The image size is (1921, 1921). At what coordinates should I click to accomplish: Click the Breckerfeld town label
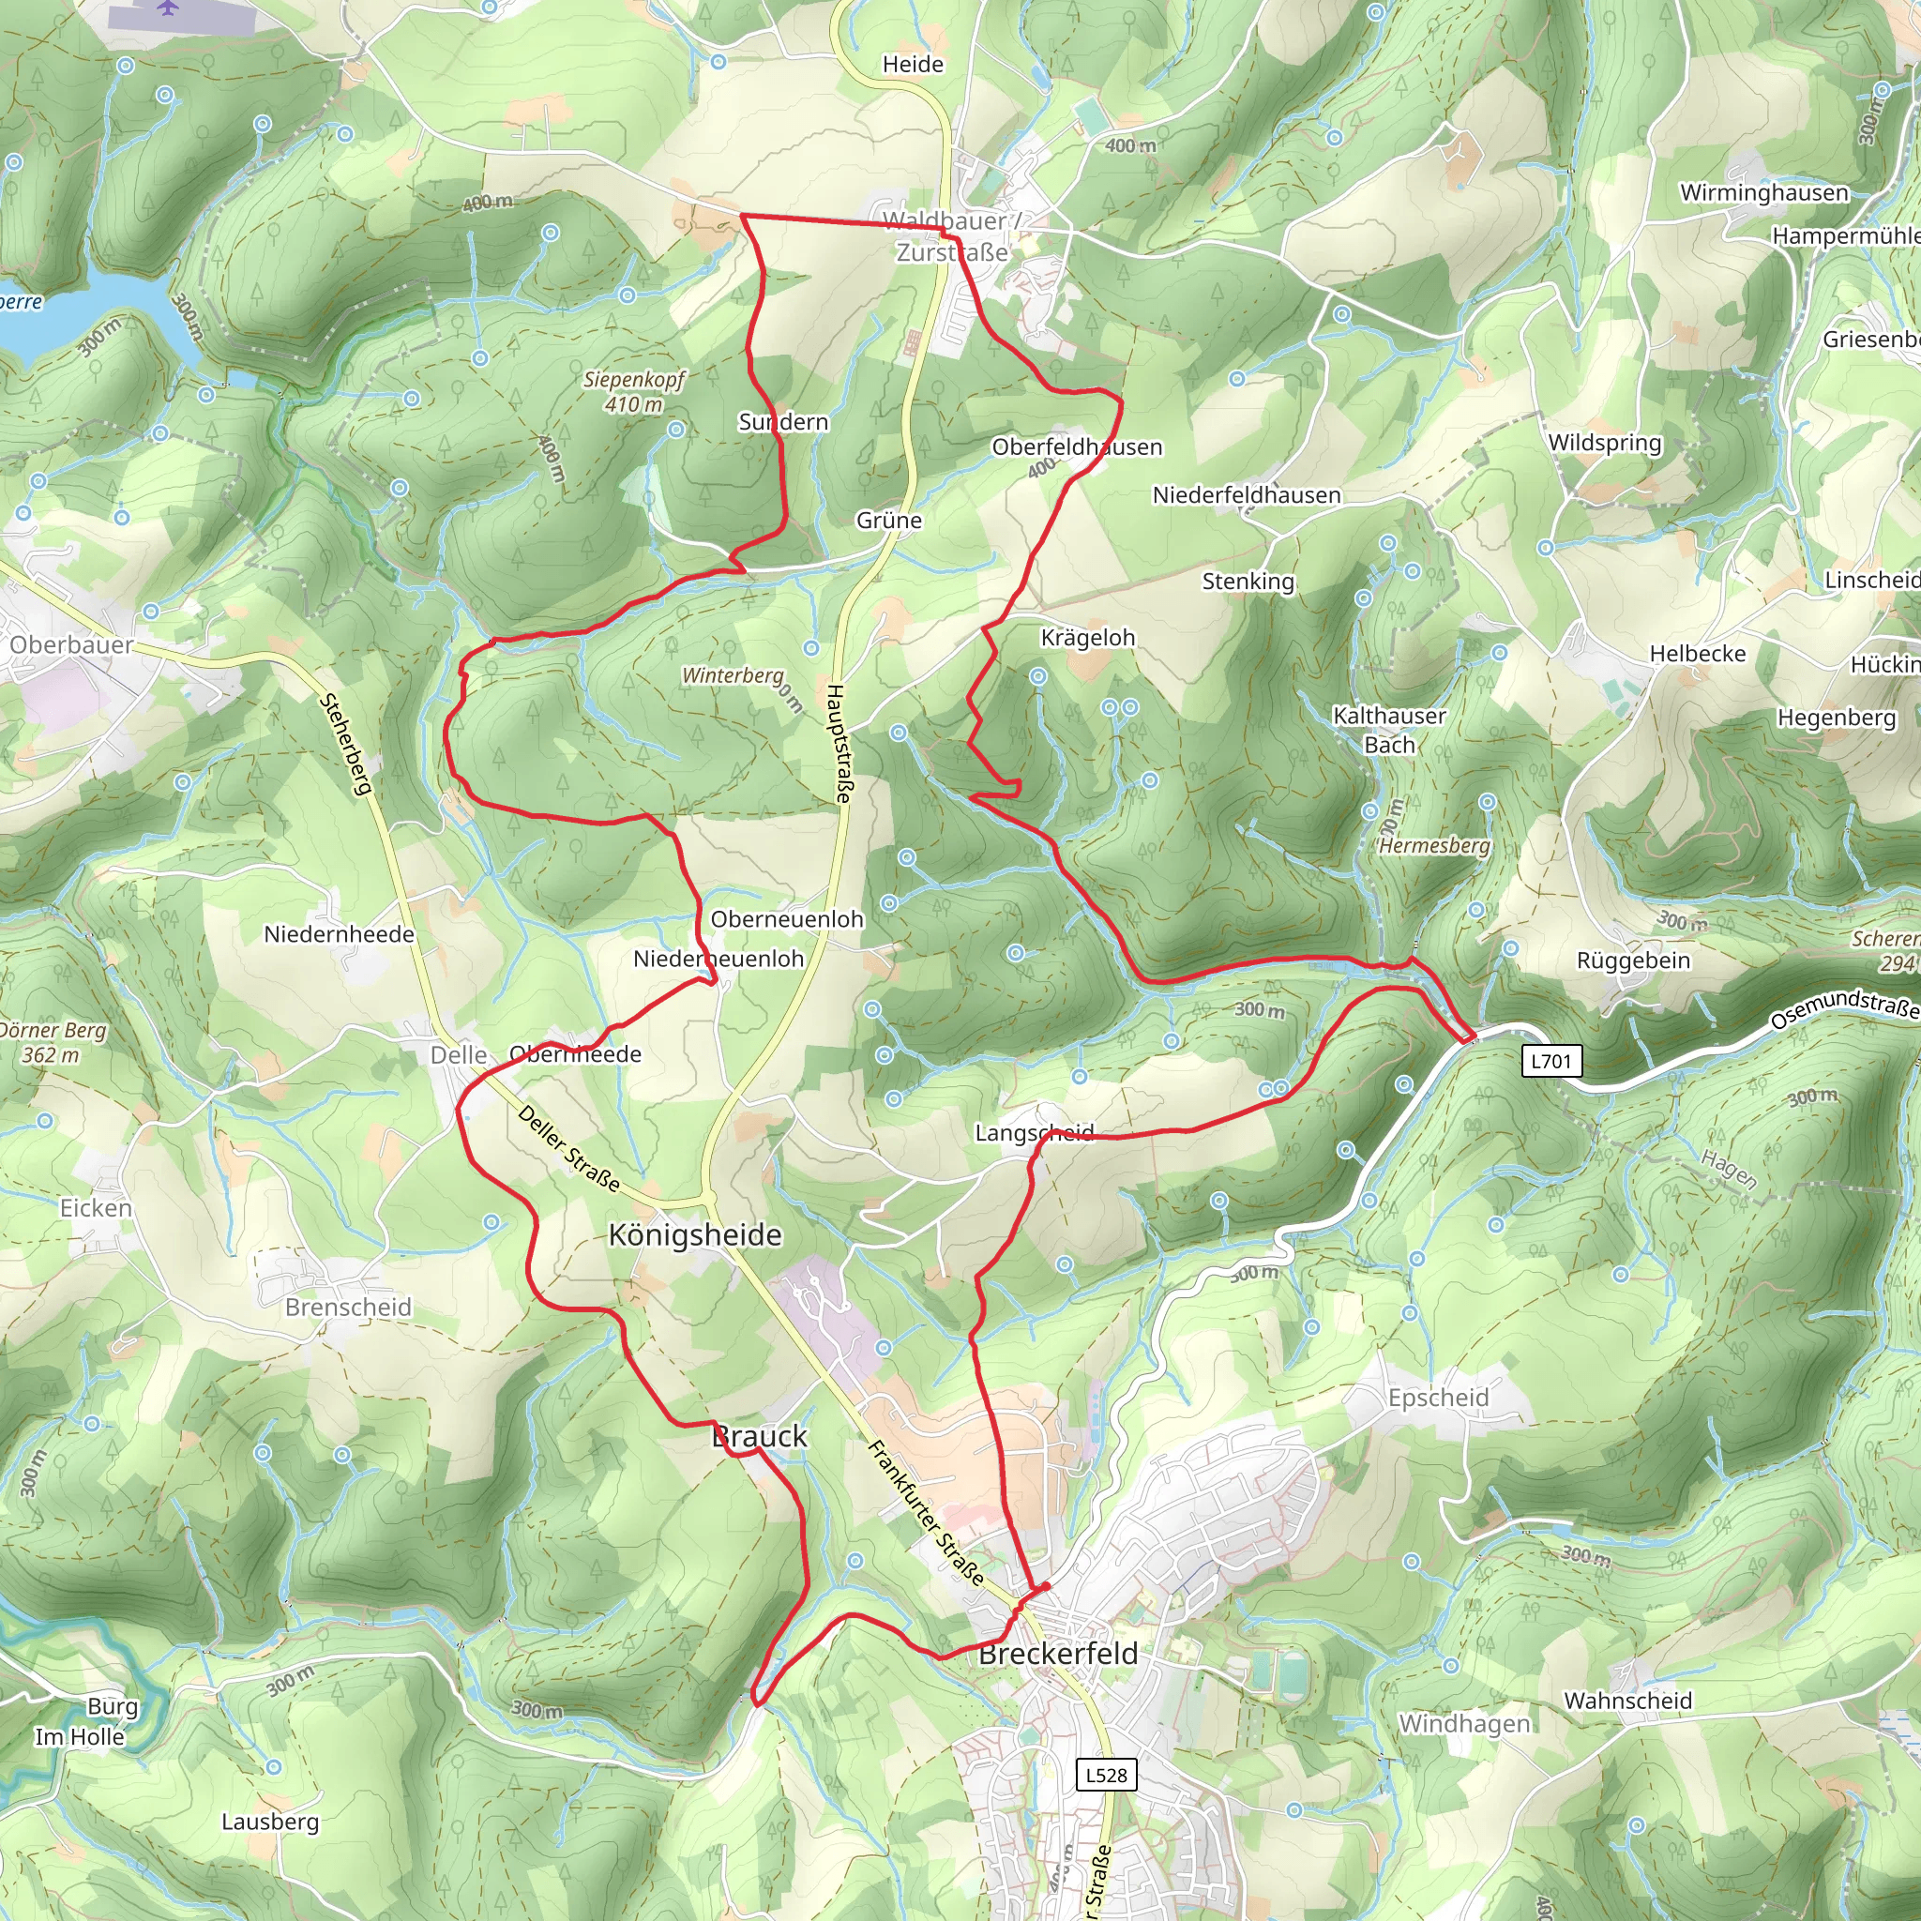1058,1654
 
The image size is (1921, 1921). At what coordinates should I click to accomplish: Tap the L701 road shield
1551,1061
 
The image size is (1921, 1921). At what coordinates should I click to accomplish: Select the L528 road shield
1106,1775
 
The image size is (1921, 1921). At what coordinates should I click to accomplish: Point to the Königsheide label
695,1235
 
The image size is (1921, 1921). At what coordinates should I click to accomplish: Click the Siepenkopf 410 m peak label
634,392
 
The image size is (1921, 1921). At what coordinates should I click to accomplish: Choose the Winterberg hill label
733,676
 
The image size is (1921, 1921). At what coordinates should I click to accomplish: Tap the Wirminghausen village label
1764,193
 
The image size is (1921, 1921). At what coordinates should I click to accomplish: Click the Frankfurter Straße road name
926,1513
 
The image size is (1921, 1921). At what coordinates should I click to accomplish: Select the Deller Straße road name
568,1148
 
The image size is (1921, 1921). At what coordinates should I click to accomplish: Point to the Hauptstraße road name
839,743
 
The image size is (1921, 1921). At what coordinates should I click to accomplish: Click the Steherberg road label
345,744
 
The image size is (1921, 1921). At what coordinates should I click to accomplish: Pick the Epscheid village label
1438,1398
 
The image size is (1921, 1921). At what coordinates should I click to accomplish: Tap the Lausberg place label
270,1822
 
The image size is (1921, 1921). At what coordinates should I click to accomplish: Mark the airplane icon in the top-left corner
168,8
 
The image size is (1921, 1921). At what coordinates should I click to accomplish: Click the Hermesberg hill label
1434,845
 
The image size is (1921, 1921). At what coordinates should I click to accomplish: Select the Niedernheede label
339,934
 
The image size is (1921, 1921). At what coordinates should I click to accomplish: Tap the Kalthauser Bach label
1389,730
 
